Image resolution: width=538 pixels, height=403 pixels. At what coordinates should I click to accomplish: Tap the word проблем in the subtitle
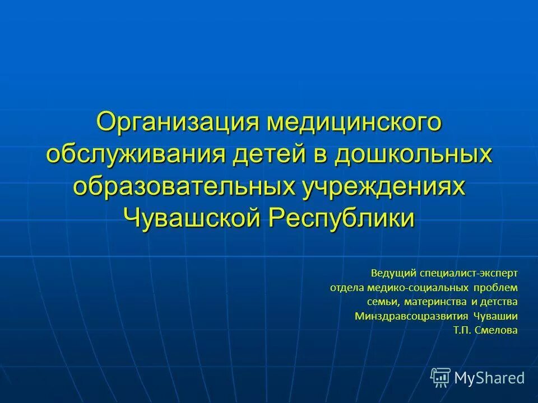pyautogui.click(x=495, y=287)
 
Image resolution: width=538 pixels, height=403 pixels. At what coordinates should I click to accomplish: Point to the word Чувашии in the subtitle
pyautogui.click(x=497, y=316)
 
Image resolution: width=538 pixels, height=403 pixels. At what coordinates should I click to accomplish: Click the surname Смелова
pyautogui.click(x=496, y=331)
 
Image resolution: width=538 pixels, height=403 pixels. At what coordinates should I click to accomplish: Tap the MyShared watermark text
pyautogui.click(x=489, y=378)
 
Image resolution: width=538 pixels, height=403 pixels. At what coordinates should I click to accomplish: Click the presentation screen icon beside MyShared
pyautogui.click(x=440, y=378)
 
